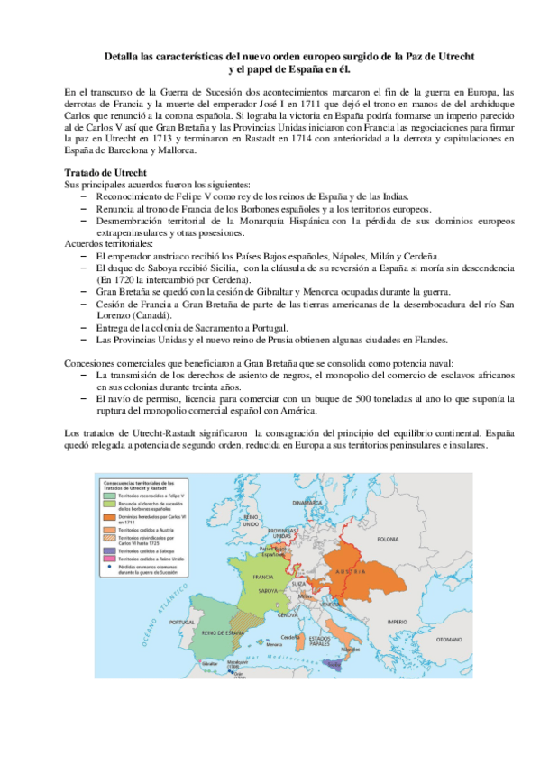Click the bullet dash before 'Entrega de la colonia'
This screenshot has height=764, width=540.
[x=84, y=325]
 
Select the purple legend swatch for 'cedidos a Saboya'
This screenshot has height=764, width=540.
[x=108, y=558]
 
